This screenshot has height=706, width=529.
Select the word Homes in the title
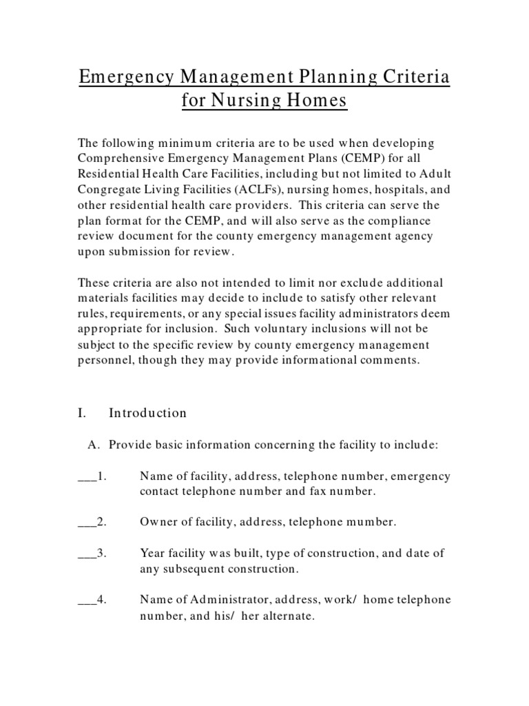coord(317,101)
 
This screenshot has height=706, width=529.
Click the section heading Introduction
coord(148,413)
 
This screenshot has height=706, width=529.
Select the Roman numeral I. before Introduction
coord(82,413)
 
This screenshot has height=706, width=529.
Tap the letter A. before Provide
coord(94,445)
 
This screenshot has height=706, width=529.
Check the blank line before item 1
coord(87,477)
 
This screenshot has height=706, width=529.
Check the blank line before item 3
coord(87,554)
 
